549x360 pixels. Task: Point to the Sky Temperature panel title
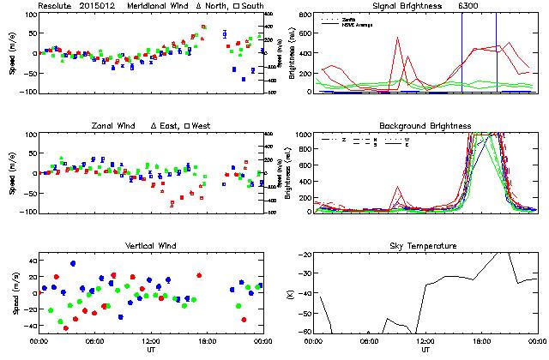[x=425, y=247]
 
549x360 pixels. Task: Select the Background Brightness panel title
[x=425, y=126]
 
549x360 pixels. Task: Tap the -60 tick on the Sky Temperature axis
[x=305, y=310]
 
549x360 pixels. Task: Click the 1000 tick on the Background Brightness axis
[x=302, y=135]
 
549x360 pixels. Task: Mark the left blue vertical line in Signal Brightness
[x=462, y=51]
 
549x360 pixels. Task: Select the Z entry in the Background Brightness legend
[x=343, y=138]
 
